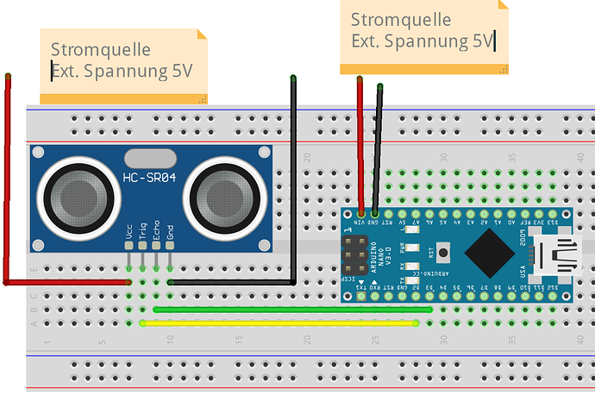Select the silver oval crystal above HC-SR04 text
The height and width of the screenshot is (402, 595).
coord(150,158)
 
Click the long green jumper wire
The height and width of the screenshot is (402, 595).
coord(293,309)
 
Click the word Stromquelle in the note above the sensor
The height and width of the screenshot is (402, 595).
coord(101,51)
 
